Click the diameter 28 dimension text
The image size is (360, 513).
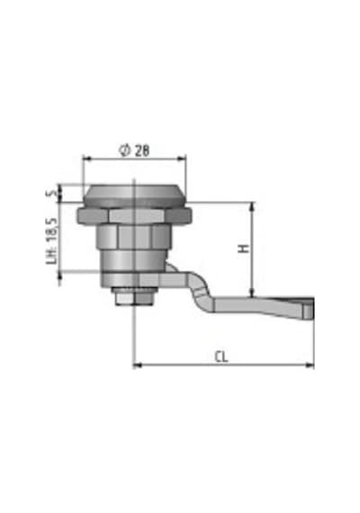134,150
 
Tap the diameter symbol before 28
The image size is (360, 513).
125,150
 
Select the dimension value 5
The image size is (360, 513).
52,193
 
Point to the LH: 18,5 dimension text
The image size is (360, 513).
52,241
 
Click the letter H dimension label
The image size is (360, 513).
244,248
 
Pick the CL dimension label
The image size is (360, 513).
221,356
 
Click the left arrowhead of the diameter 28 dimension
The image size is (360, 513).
87,158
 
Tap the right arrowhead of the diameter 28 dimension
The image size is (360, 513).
181,158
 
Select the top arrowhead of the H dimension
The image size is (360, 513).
252,207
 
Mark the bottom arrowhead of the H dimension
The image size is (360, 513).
252,292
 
